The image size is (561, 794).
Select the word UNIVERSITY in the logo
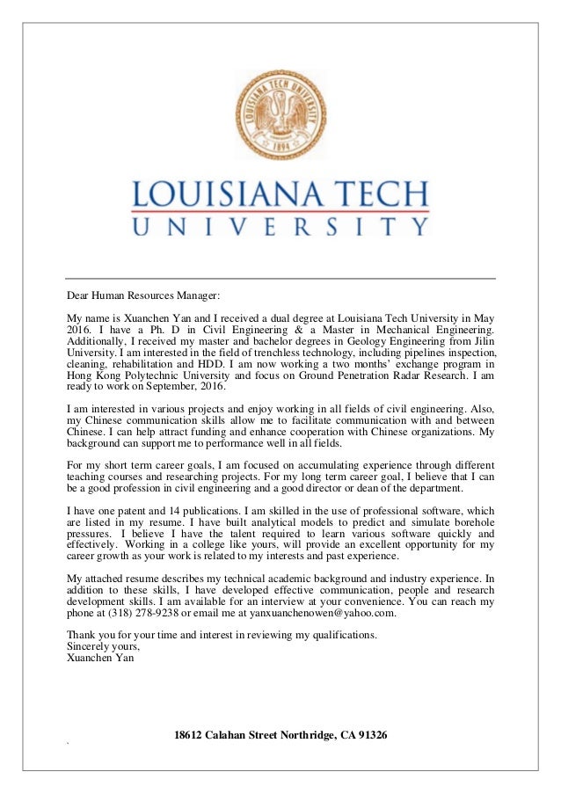coord(280,227)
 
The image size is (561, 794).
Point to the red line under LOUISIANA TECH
coord(280,211)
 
